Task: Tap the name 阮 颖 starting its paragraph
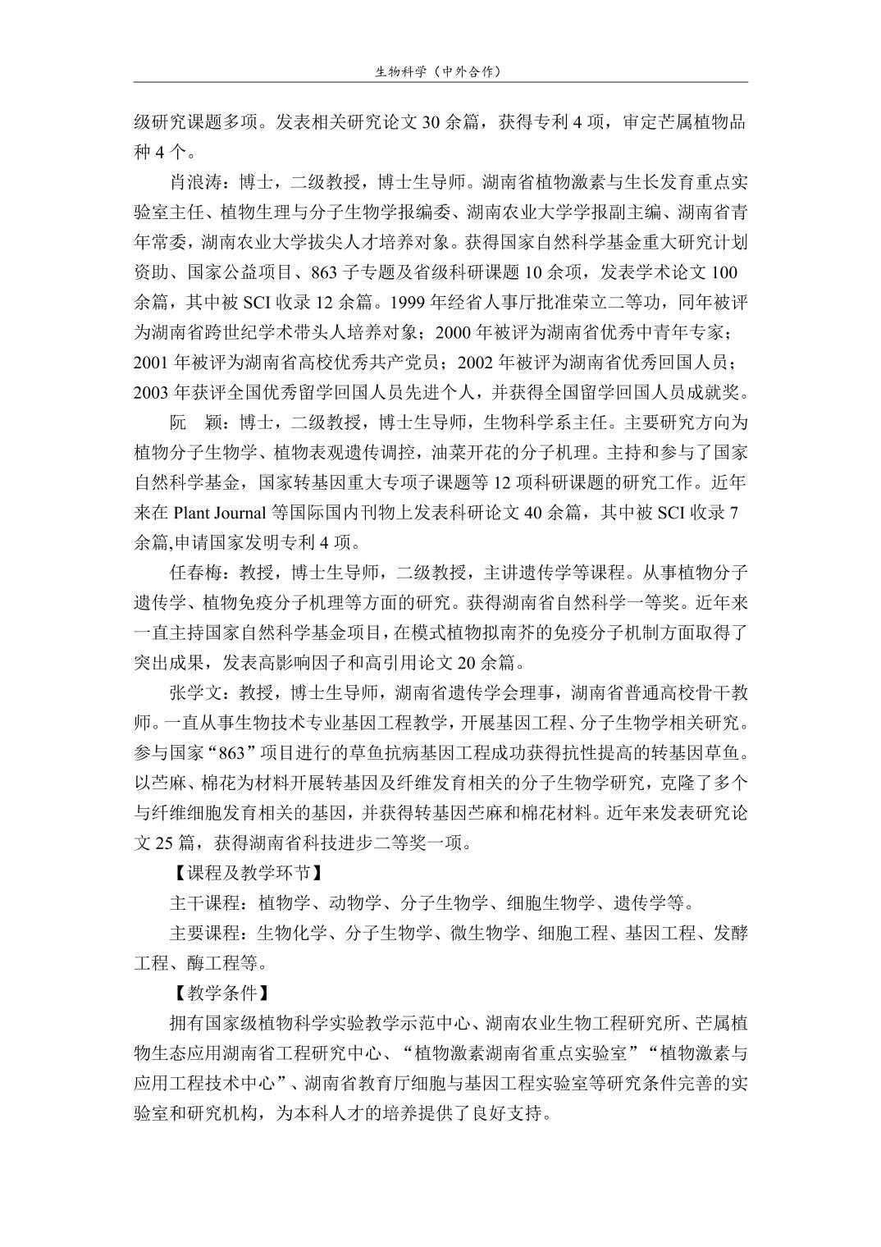pos(195,423)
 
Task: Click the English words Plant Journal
pos(219,513)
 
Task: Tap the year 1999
pos(409,303)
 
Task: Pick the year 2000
pos(451,332)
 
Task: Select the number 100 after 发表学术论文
pos(725,272)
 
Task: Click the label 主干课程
pos(205,904)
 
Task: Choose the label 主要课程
pos(205,934)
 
